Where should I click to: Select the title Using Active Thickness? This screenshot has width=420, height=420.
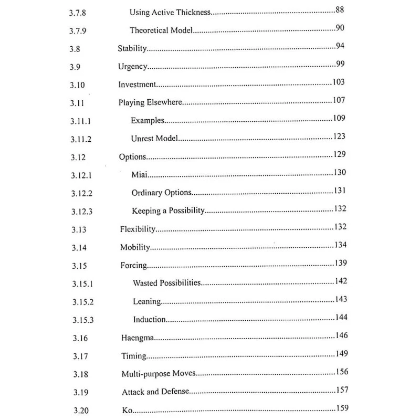pyautogui.click(x=169, y=12)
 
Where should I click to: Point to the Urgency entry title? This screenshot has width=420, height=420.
pyautogui.click(x=132, y=67)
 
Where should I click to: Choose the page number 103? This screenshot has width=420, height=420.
pyautogui.click(x=339, y=82)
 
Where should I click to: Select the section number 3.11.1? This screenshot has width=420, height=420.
pyautogui.click(x=81, y=121)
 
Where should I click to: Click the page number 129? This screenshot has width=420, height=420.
pyautogui.click(x=339, y=155)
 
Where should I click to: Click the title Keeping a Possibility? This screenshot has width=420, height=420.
pyautogui.click(x=168, y=211)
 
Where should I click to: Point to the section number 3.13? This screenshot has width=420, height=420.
pyautogui.click(x=78, y=230)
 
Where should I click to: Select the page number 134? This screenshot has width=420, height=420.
pyautogui.click(x=340, y=245)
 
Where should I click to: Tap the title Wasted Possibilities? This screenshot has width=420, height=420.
pyautogui.click(x=167, y=283)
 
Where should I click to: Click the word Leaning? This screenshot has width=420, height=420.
pyautogui.click(x=146, y=301)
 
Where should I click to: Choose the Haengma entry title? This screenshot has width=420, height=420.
pyautogui.click(x=137, y=338)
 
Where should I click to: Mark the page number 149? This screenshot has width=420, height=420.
pyautogui.click(x=342, y=354)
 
